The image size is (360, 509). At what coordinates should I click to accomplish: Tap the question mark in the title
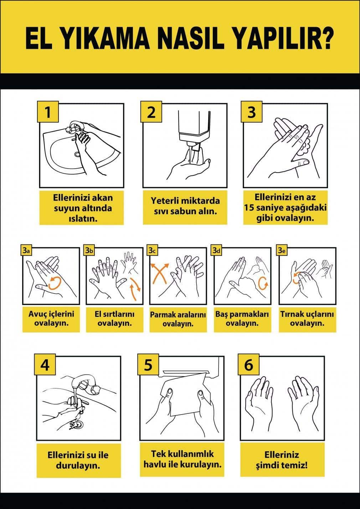click(x=326, y=38)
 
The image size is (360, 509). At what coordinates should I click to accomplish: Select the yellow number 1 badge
click(x=48, y=112)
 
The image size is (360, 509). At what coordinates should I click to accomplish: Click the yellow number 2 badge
click(x=151, y=112)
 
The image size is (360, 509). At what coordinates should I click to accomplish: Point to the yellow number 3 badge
click(x=252, y=112)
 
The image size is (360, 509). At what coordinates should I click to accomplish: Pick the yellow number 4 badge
click(x=45, y=365)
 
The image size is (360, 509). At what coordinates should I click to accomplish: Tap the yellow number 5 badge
click(x=148, y=365)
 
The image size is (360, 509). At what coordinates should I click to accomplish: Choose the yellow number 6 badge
click(x=248, y=365)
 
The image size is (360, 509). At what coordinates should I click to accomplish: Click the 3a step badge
click(x=26, y=251)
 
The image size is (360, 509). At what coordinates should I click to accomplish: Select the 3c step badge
click(x=152, y=251)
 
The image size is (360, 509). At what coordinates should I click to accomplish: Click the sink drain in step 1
click(x=77, y=155)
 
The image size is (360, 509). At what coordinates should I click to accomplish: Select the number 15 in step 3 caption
click(x=249, y=208)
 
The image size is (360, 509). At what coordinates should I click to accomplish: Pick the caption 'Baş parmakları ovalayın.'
click(x=242, y=319)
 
